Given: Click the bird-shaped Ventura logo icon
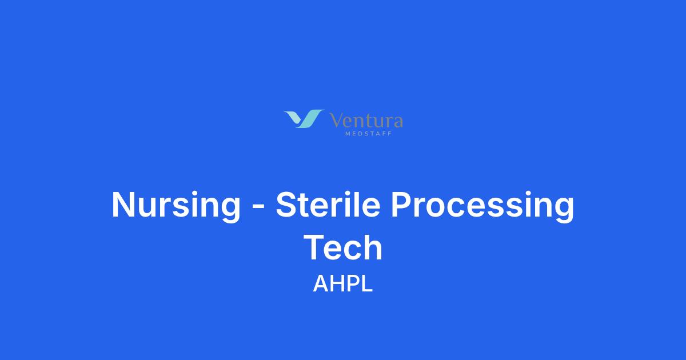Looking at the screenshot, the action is tap(304, 119).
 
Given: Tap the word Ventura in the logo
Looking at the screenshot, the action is tap(366, 121).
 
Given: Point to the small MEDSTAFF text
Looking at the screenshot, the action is tap(368, 134).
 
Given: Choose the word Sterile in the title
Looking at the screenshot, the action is tap(328, 204).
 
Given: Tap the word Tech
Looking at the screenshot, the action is tap(343, 247).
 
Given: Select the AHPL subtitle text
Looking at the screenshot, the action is tap(342, 283).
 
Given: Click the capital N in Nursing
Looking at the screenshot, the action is tap(123, 204).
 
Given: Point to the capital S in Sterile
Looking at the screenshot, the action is tap(287, 204).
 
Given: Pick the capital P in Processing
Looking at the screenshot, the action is tap(402, 204).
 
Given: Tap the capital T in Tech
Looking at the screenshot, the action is tap(314, 247).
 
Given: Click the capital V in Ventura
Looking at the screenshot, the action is tap(337, 120).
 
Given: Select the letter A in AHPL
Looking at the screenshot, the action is tap(321, 283).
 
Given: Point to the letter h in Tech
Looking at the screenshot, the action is tap(373, 247).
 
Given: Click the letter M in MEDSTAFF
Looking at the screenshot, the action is tap(348, 134).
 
